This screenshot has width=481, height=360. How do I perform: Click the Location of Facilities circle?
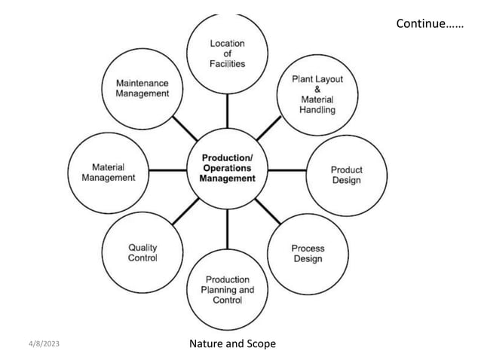click(x=227, y=53)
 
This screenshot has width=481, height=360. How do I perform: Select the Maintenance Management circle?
click(x=142, y=88)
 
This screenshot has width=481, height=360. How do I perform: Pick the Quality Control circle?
click(x=142, y=253)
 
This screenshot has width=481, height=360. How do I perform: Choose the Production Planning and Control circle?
click(x=227, y=290)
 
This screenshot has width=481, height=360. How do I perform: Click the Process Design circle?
click(x=308, y=254)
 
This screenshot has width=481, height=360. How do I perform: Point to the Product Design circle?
click(x=346, y=175)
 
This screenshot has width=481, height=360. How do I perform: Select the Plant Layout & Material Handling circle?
click(x=308, y=93)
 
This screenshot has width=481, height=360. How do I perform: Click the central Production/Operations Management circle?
click(x=227, y=169)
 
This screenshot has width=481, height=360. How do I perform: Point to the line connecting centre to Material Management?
click(x=168, y=171)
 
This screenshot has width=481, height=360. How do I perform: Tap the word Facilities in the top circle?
click(x=227, y=64)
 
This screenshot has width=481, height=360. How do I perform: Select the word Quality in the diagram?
click(x=143, y=248)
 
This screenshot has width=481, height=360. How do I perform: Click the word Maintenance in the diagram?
click(x=142, y=83)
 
